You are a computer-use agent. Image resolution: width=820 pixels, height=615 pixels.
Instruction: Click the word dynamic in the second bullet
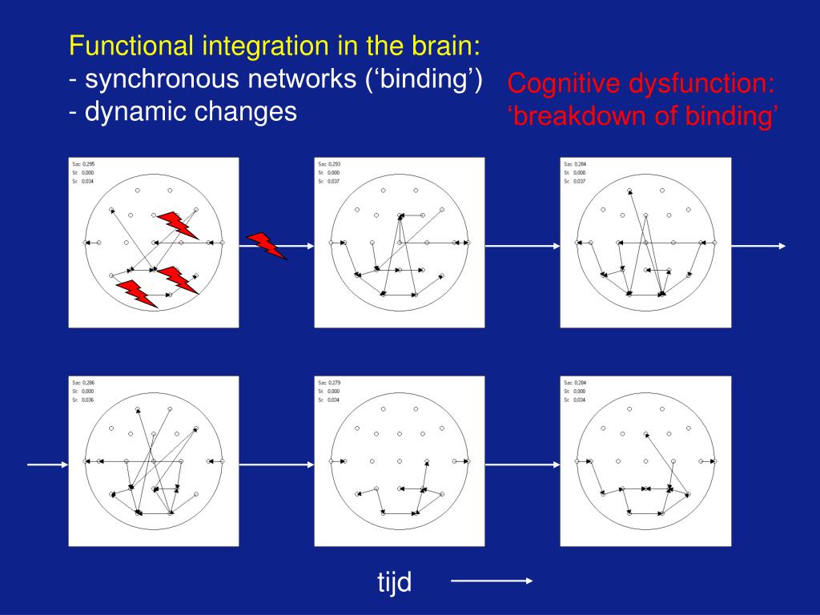tap(122, 111)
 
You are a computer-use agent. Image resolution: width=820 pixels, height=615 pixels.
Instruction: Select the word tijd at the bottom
tap(395, 582)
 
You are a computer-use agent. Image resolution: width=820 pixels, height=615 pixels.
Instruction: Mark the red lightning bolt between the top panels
tap(267, 246)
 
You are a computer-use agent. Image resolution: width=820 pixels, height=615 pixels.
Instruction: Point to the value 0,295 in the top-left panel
tap(89, 164)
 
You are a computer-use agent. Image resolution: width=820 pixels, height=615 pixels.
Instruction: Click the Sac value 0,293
tap(335, 164)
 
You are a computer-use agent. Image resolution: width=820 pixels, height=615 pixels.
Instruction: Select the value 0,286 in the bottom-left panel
tap(89, 384)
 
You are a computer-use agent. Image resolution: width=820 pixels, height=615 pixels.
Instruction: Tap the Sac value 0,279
tap(335, 384)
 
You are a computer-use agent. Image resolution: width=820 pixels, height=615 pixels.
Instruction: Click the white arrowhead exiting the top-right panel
tap(782, 246)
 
